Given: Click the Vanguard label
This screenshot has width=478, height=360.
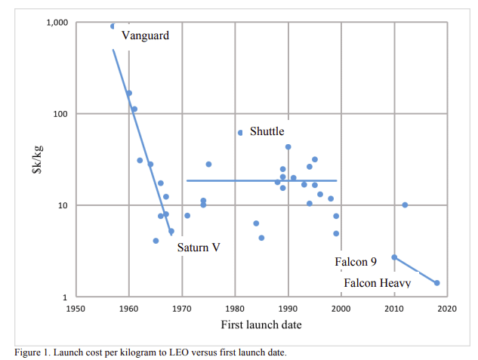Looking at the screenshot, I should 145,35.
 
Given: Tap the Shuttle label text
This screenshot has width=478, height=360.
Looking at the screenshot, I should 267,132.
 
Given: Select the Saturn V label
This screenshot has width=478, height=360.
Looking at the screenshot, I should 199,247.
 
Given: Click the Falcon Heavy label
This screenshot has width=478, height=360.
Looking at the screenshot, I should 377,283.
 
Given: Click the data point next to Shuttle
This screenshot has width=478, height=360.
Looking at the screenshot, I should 240,132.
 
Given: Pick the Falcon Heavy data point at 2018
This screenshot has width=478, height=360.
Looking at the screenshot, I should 437,283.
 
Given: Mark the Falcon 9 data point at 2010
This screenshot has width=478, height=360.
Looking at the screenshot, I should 394,257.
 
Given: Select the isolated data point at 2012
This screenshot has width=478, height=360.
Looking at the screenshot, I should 405,205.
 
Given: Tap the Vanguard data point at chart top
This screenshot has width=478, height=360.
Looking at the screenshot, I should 113,26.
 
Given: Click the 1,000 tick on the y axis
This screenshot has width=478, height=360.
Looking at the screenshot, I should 57,23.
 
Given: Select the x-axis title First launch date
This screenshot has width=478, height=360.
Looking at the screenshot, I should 261,325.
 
